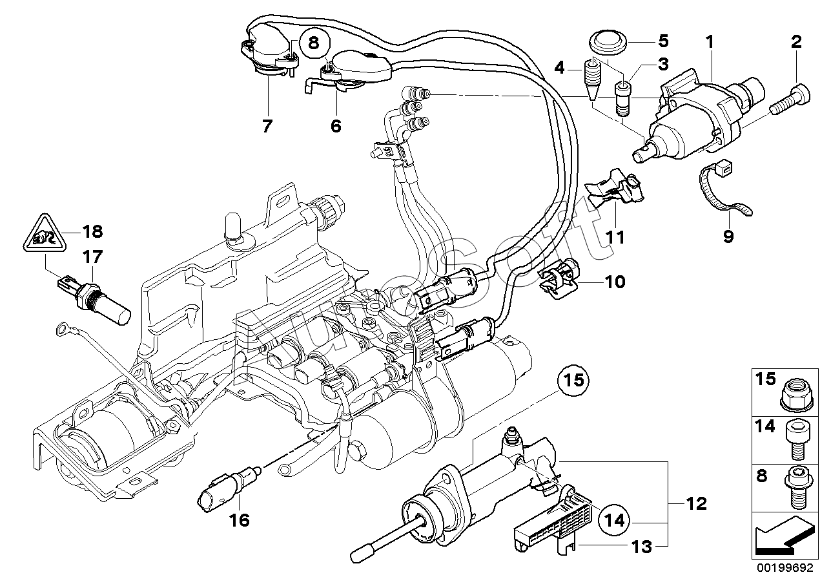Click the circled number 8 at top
pos(313,44)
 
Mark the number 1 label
pos(710,43)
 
